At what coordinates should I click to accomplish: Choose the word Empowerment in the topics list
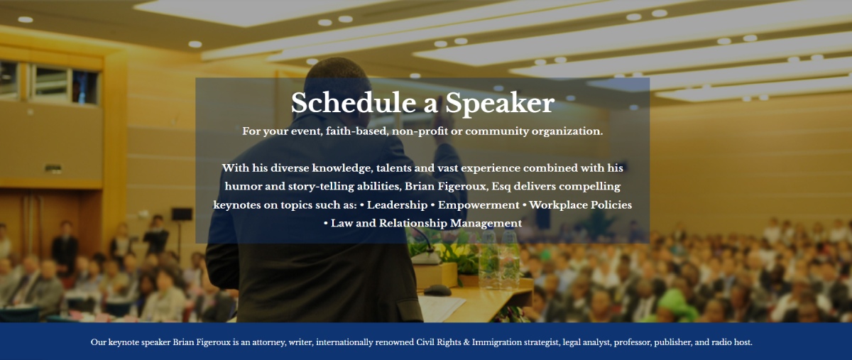tap(479, 205)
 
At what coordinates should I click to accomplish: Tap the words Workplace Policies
tap(581, 205)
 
